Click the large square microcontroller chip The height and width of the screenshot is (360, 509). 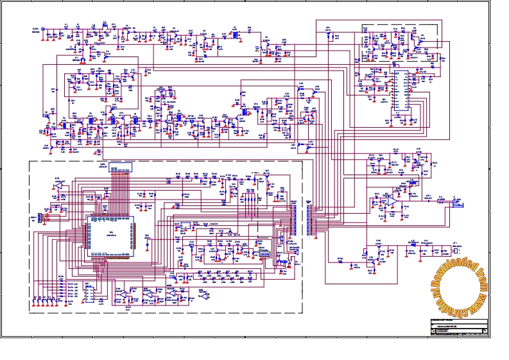pos(112,235)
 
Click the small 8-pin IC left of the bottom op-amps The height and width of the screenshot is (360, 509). pos(89,293)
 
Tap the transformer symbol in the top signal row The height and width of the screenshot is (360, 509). pos(235,34)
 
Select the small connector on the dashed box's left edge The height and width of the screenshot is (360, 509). pos(39,219)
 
